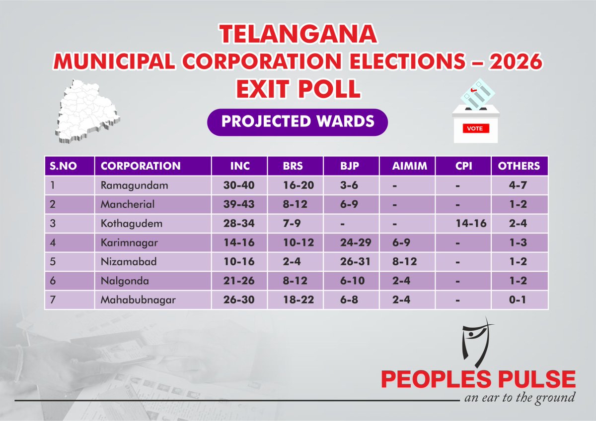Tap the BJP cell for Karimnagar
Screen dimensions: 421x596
coord(351,242)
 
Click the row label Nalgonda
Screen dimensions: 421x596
coord(119,281)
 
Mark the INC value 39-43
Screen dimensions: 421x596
coord(239,204)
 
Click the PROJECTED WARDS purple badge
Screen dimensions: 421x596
coord(298,122)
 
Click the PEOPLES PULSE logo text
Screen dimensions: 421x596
coord(478,379)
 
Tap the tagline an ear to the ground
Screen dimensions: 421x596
coord(519,398)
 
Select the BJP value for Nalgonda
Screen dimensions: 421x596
coord(351,281)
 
